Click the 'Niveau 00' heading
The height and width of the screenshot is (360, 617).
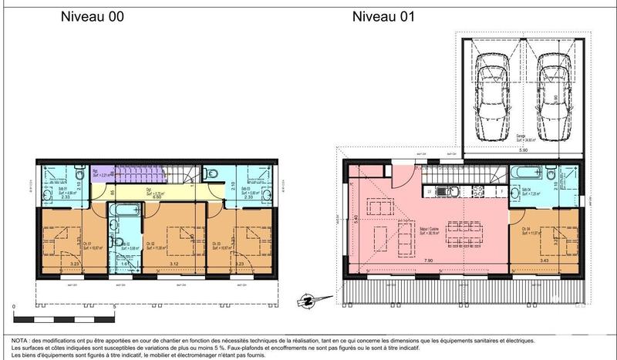coord(92,16)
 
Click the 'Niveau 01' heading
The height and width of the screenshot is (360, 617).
coord(383,16)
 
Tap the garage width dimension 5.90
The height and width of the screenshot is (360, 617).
coord(522,150)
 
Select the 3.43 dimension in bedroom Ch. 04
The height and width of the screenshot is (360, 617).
coord(545,263)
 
